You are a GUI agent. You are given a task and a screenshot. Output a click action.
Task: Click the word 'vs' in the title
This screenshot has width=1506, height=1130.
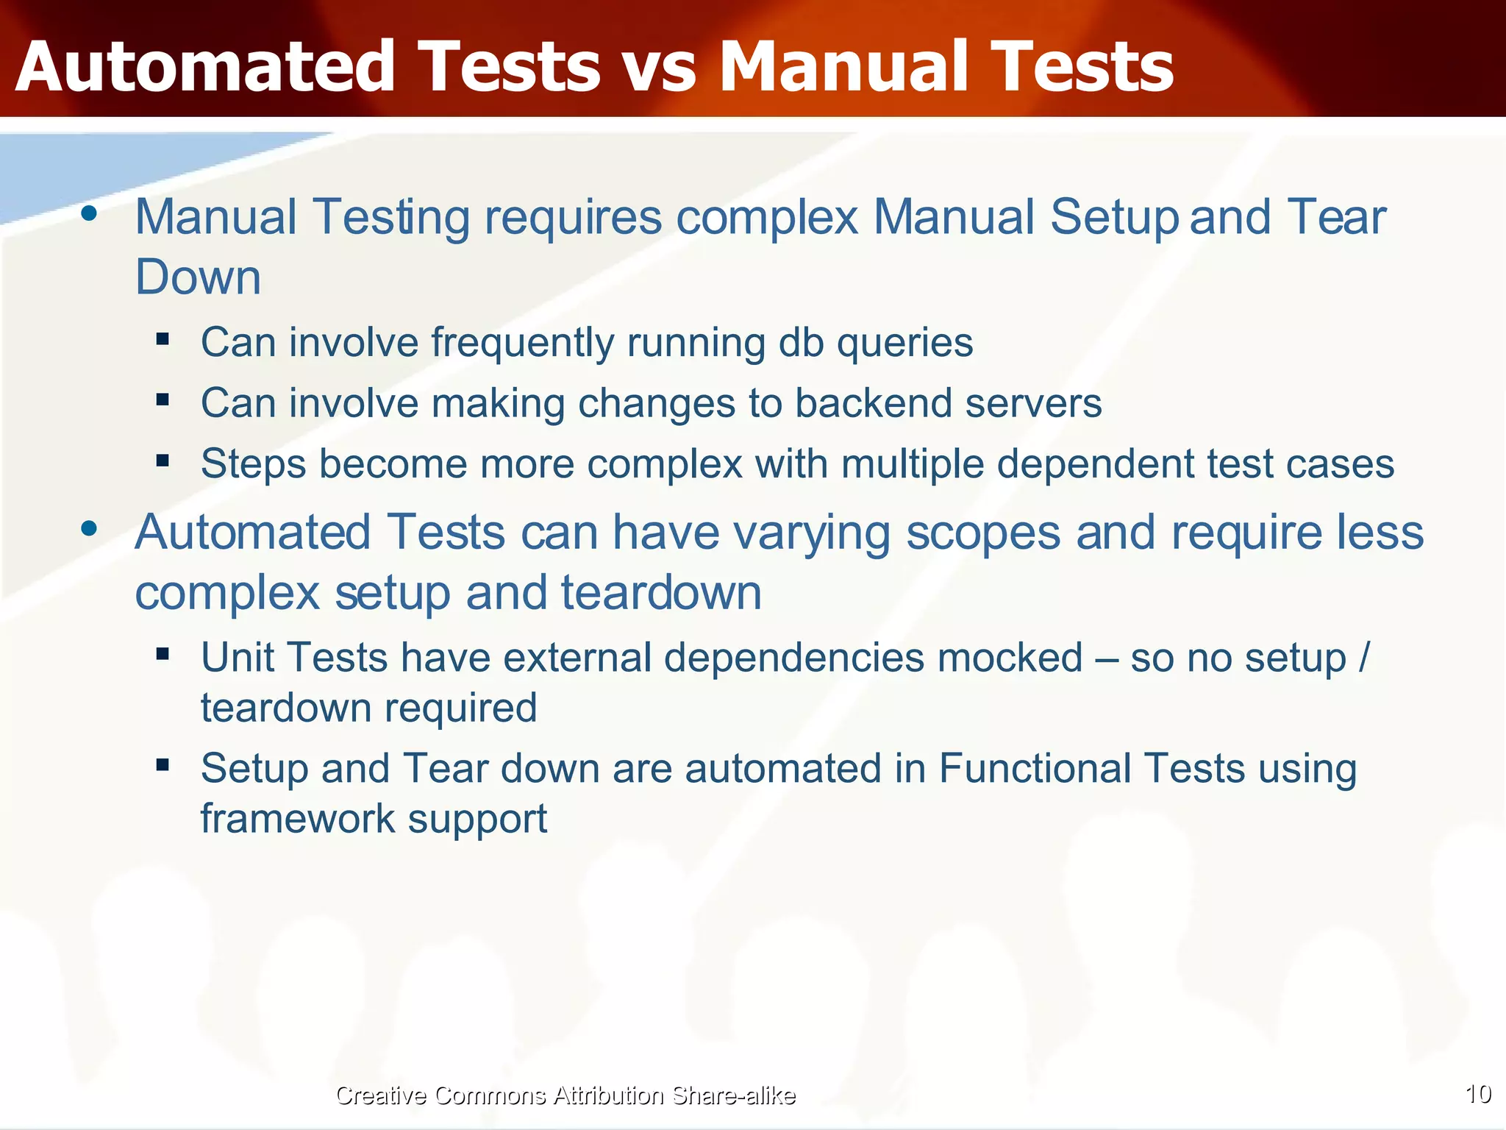point(658,68)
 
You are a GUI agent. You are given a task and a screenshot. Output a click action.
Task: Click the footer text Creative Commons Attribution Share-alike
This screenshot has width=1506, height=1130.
point(565,1095)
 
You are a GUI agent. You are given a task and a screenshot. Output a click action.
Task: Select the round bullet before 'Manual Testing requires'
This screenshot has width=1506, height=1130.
point(90,214)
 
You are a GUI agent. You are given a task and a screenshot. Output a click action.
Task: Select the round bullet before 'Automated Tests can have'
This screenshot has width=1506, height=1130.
point(90,528)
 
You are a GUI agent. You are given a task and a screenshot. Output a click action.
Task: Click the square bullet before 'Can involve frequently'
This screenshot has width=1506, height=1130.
point(163,340)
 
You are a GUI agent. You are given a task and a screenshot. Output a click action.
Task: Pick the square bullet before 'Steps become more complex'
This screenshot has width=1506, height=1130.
point(163,461)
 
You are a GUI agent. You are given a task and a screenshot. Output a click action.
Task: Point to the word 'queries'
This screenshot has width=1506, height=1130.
point(904,344)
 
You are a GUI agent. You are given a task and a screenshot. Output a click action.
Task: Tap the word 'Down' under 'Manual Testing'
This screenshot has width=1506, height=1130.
point(198,277)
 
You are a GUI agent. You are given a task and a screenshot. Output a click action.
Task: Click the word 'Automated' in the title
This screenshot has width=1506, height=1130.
point(206,68)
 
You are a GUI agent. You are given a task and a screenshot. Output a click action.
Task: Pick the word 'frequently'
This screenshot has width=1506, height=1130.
point(522,344)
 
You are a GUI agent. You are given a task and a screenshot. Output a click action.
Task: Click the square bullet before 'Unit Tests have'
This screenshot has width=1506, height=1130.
point(163,653)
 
